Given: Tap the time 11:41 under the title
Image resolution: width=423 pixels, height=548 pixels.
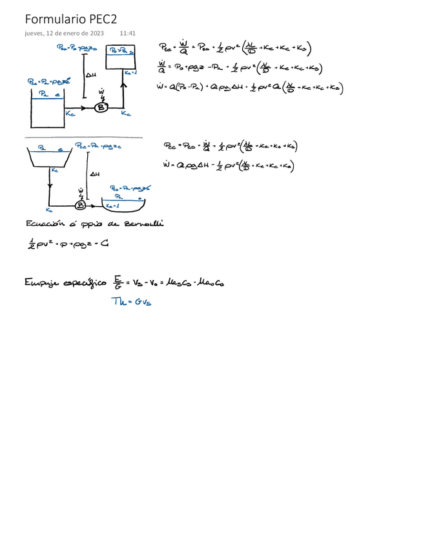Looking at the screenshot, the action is click(128, 34).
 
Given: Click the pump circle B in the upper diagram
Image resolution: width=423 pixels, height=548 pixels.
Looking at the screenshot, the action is click(101, 107).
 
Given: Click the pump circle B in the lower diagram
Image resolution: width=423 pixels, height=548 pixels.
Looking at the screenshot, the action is click(81, 205).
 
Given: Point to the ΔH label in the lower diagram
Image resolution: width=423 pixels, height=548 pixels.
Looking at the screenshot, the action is click(94, 173).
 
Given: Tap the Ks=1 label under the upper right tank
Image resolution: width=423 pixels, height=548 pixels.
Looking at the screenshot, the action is click(130, 73).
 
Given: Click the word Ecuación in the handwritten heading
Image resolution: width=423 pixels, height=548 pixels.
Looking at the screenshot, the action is click(46, 224).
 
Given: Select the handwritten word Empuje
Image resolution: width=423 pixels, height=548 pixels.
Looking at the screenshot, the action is click(43, 282).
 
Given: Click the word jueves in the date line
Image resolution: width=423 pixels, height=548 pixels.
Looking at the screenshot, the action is click(35, 34).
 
